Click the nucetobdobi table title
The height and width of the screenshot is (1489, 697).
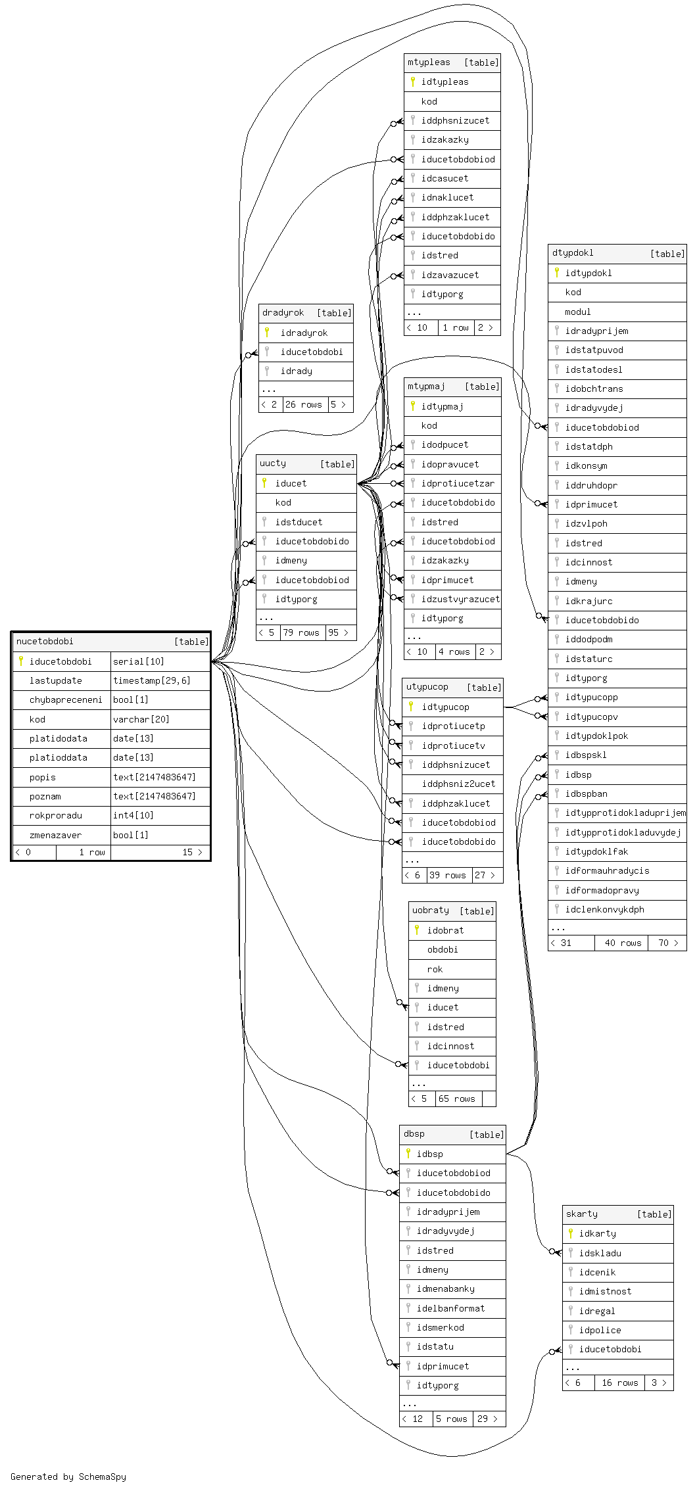click(x=45, y=642)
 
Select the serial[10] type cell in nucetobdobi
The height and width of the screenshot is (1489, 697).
click(x=139, y=661)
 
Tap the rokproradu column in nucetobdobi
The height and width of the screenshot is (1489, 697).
click(x=56, y=815)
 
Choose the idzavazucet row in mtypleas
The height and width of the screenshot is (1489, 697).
click(x=450, y=275)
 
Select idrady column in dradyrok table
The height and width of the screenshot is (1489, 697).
click(x=296, y=371)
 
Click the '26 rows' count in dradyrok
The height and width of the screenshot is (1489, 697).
click(x=304, y=404)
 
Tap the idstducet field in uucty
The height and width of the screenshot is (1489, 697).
click(x=299, y=522)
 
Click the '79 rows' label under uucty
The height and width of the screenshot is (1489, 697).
click(x=301, y=632)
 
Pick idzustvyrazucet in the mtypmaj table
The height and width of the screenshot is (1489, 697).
click(x=460, y=599)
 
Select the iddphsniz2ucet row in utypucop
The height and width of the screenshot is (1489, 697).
click(x=458, y=784)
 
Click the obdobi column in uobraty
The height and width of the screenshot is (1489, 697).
click(x=443, y=949)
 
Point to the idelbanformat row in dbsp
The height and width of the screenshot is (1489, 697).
click(x=450, y=1308)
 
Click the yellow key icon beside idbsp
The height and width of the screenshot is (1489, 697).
click(x=408, y=1153)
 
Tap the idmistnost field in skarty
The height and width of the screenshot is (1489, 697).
click(x=605, y=1291)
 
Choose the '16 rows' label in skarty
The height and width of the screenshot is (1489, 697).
click(x=620, y=1383)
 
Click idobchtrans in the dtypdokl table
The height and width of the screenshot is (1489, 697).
click(x=594, y=389)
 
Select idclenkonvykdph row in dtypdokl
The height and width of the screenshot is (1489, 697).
click(x=604, y=909)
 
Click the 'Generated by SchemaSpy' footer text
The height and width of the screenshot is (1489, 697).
click(x=68, y=1477)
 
